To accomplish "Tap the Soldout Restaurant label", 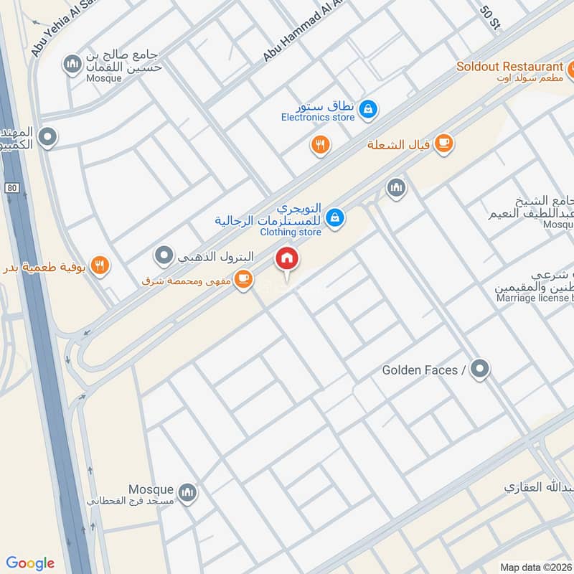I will [x=509, y=67].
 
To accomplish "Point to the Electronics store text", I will [x=318, y=117].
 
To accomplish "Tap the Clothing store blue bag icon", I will [x=334, y=216].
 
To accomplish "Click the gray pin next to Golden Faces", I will [x=481, y=370].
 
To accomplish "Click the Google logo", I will [x=30, y=563].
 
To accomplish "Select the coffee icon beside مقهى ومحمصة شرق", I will [x=243, y=278].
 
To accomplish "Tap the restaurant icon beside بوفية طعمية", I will [x=100, y=265].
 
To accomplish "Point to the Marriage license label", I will [x=535, y=298].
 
